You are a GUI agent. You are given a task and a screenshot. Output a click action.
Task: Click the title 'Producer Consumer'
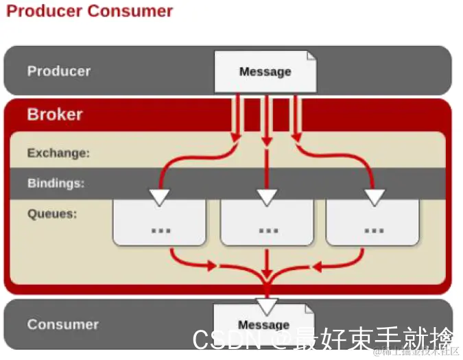[89, 12]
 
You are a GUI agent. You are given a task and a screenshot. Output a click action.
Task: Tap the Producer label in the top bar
[58, 71]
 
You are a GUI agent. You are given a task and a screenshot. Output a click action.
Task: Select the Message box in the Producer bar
[265, 71]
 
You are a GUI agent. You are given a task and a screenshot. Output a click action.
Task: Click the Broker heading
[55, 114]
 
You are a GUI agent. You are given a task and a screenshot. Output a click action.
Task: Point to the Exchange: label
[58, 153]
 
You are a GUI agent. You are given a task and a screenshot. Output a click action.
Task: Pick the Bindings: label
[56, 183]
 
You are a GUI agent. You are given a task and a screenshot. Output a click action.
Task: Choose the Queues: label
[52, 213]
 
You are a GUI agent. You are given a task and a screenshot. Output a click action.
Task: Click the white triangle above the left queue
[160, 197]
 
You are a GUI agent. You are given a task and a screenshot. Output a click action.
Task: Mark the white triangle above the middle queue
[267, 197]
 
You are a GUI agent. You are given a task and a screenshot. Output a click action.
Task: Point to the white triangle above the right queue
[374, 197]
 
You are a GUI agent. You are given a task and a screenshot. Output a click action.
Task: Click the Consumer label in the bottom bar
[62, 324]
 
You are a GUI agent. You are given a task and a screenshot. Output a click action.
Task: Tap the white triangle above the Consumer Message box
[266, 306]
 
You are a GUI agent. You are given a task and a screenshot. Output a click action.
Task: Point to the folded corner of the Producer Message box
[311, 57]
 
